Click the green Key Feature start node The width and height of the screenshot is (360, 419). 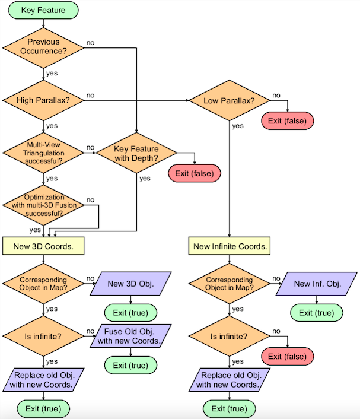pyautogui.click(x=43, y=10)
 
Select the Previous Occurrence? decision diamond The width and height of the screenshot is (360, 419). pyautogui.click(x=43, y=48)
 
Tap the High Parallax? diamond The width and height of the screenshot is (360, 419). pyautogui.click(x=43, y=100)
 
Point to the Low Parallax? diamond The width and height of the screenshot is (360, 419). pyautogui.click(x=229, y=100)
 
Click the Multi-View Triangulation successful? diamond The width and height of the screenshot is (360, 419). pyautogui.click(x=43, y=153)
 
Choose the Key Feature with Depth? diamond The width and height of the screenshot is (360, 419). pyautogui.click(x=136, y=153)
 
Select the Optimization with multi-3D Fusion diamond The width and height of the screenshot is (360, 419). pyautogui.click(x=43, y=205)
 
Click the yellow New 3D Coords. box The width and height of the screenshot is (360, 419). pyautogui.click(x=43, y=246)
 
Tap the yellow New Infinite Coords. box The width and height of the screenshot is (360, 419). pyautogui.click(x=229, y=246)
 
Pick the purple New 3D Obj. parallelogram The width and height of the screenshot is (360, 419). pyautogui.click(x=130, y=284)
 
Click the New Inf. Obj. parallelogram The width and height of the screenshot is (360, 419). pyautogui.click(x=317, y=284)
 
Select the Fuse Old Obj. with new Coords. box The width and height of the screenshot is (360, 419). pyautogui.click(x=130, y=336)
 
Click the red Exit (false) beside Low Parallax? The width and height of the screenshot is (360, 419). pyautogui.click(x=288, y=121)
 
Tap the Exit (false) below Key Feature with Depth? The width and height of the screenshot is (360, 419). pyautogui.click(x=195, y=173)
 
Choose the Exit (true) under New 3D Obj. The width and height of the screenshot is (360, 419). pyautogui.click(x=130, y=313)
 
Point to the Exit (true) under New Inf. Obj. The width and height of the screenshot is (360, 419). pyautogui.click(x=317, y=313)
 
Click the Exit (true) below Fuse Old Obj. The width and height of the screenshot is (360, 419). pyautogui.click(x=130, y=365)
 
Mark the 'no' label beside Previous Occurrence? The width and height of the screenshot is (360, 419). pyautogui.click(x=90, y=43)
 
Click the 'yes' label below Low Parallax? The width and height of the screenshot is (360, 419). pyautogui.click(x=238, y=126)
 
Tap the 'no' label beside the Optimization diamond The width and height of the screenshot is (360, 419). pyautogui.click(x=90, y=200)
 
